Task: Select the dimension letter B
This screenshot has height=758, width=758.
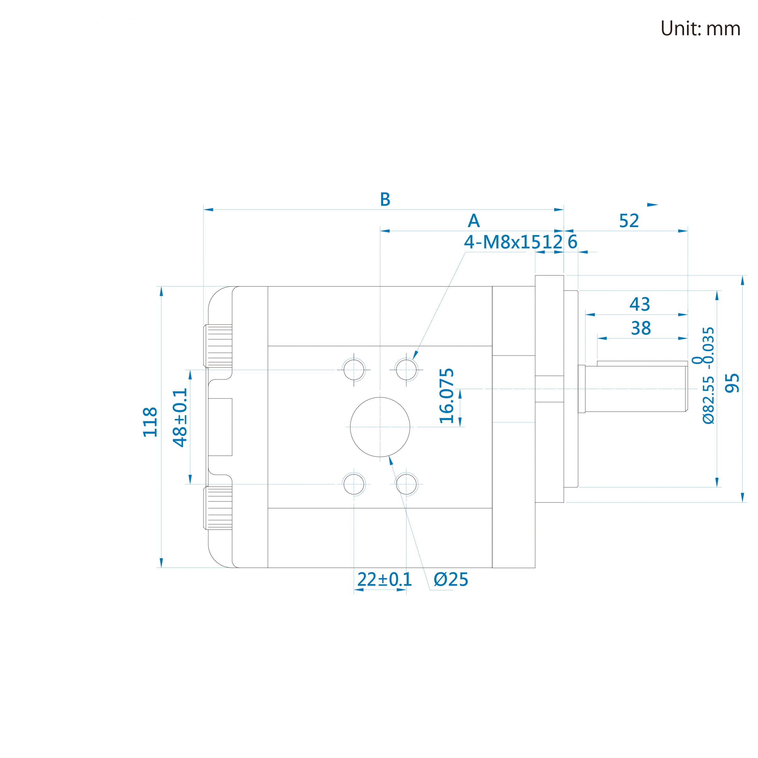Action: tap(385, 199)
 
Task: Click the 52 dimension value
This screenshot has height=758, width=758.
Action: tap(629, 221)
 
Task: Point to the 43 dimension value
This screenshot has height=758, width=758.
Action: tap(640, 304)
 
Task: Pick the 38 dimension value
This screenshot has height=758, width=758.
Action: tap(641, 328)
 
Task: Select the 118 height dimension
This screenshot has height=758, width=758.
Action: tap(150, 422)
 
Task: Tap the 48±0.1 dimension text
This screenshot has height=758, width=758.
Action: tap(180, 418)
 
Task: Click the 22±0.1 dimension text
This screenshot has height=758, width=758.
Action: tap(384, 579)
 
